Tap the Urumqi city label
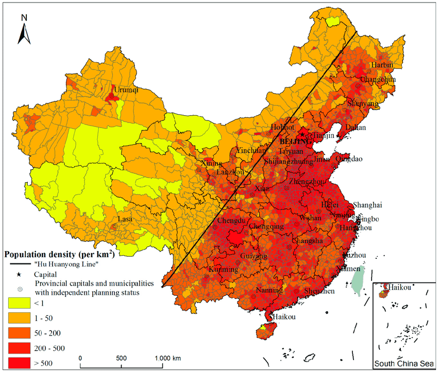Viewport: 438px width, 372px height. [x=126, y=90]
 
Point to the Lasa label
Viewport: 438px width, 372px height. [x=125, y=219]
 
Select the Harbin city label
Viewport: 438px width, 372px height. [x=381, y=65]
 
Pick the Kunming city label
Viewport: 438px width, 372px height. [x=223, y=270]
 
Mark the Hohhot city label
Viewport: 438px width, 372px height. [x=282, y=128]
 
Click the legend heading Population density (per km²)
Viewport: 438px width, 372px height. [x=59, y=254]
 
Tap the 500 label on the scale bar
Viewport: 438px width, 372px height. [x=121, y=358]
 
